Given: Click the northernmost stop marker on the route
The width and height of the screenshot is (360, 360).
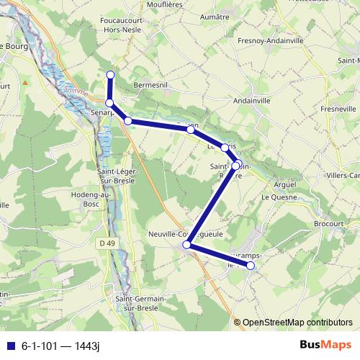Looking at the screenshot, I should (x=110, y=75).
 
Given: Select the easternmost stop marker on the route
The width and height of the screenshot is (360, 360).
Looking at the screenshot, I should (x=251, y=266).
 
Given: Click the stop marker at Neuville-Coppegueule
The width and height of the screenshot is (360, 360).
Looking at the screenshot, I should (x=186, y=245).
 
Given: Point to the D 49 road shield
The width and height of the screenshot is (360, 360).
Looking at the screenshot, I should (x=107, y=243).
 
